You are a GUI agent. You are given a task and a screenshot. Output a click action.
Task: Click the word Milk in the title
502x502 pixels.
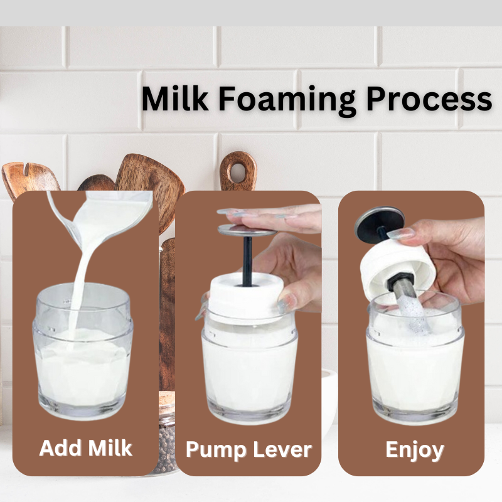tap(175, 99)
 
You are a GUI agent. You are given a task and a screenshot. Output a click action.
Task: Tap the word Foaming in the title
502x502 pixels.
tap(287, 100)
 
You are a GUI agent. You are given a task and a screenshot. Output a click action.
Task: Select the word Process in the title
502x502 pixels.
tap(429, 99)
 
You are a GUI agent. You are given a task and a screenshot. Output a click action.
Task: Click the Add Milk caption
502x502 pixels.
tap(85, 447)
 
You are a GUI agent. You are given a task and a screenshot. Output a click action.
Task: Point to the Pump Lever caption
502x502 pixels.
tap(248, 450)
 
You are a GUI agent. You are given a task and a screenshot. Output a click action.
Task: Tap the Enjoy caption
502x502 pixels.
tap(415, 451)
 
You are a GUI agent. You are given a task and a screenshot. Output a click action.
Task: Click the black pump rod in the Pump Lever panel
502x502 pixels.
tap(247, 261)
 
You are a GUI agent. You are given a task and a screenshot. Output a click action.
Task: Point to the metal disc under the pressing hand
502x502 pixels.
tap(247, 230)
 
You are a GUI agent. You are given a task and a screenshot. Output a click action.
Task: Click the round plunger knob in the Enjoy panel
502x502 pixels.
tap(379, 220)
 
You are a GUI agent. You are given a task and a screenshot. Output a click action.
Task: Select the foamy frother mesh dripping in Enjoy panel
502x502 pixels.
tap(411, 312)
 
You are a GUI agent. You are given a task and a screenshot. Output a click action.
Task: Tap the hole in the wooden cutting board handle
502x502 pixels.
tap(238, 173)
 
